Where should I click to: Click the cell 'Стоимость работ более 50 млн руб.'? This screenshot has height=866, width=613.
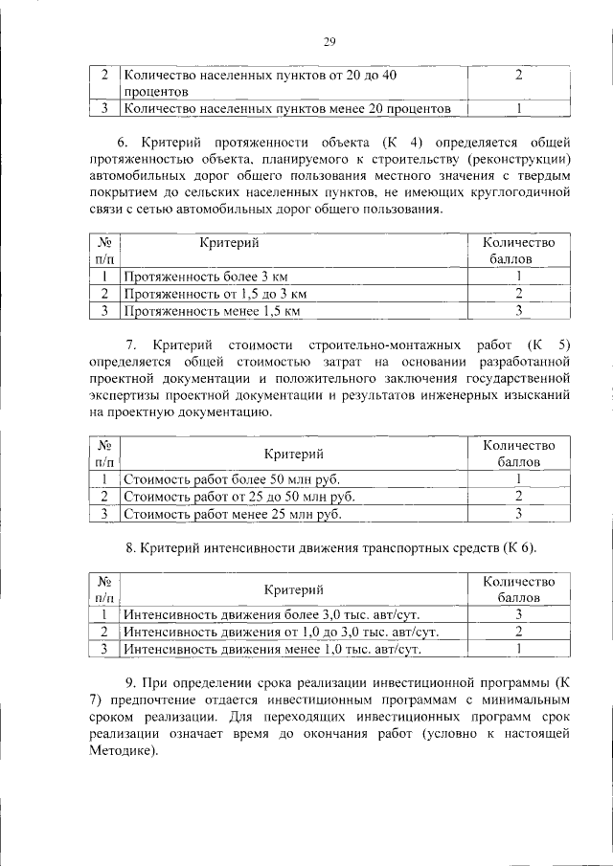coord(232,478)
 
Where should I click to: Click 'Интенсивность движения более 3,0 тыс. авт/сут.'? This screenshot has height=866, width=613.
coord(271,614)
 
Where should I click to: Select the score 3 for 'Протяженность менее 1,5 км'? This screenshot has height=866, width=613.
coord(517,311)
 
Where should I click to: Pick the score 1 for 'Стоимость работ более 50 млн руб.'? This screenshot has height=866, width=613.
coord(517,478)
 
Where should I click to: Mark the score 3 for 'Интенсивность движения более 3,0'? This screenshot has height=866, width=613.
coord(517,614)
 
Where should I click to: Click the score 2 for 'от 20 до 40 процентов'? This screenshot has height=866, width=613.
coord(517,75)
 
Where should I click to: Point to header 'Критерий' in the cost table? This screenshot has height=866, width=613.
coord(293,453)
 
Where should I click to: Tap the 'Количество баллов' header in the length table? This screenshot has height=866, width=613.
coord(518,251)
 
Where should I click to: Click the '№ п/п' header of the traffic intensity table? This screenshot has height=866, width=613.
coord(104,588)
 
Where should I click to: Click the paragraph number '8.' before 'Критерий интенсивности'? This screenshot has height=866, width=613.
coord(131,547)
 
